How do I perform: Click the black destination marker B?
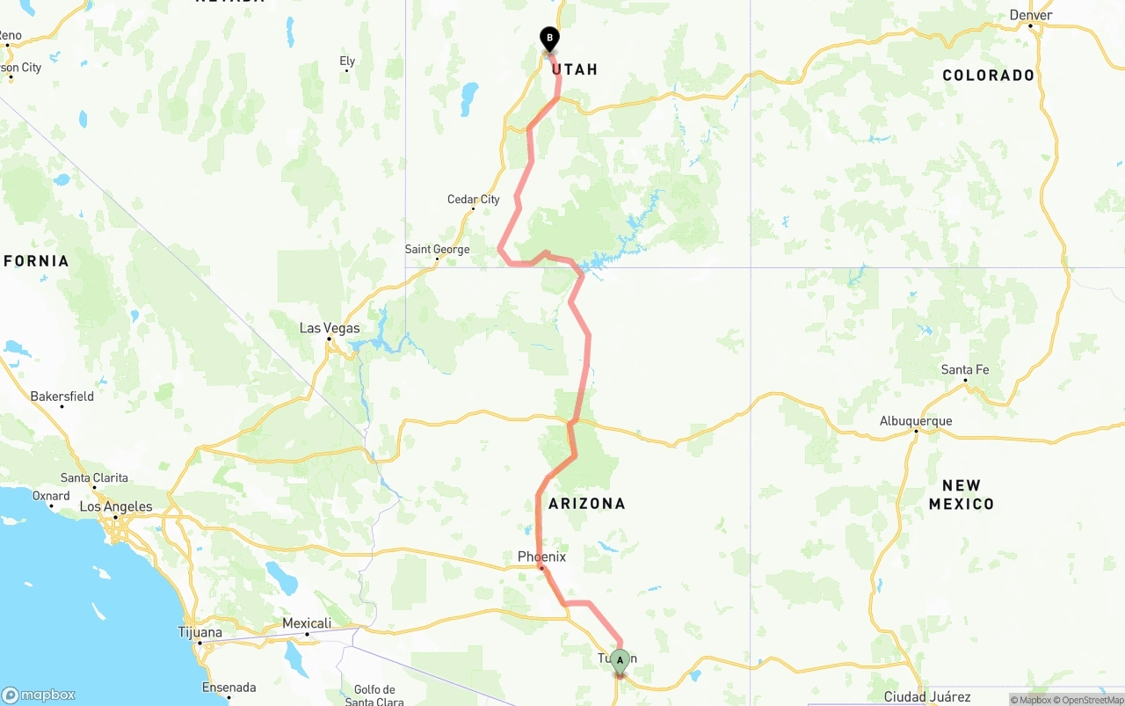click(549, 39)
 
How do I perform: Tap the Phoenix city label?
click(541, 557)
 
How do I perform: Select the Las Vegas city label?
click(330, 328)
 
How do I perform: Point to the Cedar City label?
click(474, 200)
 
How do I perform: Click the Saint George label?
click(437, 250)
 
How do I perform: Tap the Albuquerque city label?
click(916, 421)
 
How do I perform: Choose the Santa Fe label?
click(965, 370)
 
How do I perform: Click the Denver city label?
click(1031, 15)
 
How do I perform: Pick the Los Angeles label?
click(116, 506)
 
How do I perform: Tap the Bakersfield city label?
click(62, 397)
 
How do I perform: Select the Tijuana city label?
click(200, 632)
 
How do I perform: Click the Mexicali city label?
click(307, 623)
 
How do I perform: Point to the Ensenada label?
click(229, 688)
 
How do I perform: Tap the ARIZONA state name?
click(587, 504)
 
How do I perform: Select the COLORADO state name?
click(989, 76)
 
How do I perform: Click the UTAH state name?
click(576, 69)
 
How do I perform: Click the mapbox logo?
click(39, 695)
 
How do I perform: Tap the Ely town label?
click(347, 62)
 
